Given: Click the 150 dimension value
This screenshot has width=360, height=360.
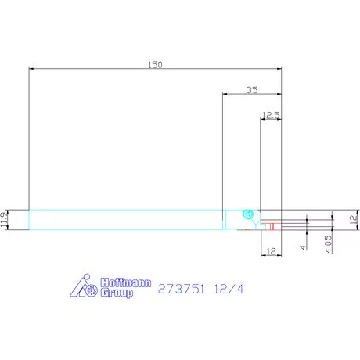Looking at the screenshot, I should (155, 65).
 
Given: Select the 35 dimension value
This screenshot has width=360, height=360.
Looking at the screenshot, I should (252, 90).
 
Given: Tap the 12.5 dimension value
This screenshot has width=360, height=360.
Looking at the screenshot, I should (271, 115).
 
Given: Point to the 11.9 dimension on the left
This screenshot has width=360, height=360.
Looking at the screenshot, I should (5, 220).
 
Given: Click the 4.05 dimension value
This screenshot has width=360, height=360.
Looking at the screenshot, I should (327, 242).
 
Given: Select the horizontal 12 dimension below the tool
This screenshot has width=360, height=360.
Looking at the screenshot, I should (271, 250).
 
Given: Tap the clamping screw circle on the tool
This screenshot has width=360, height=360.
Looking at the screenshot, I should (248, 214).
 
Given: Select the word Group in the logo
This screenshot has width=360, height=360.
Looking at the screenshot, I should (114, 293).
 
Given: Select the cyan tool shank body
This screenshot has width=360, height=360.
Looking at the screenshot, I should (125, 220).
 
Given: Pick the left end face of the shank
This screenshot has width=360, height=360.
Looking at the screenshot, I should (29, 220).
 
